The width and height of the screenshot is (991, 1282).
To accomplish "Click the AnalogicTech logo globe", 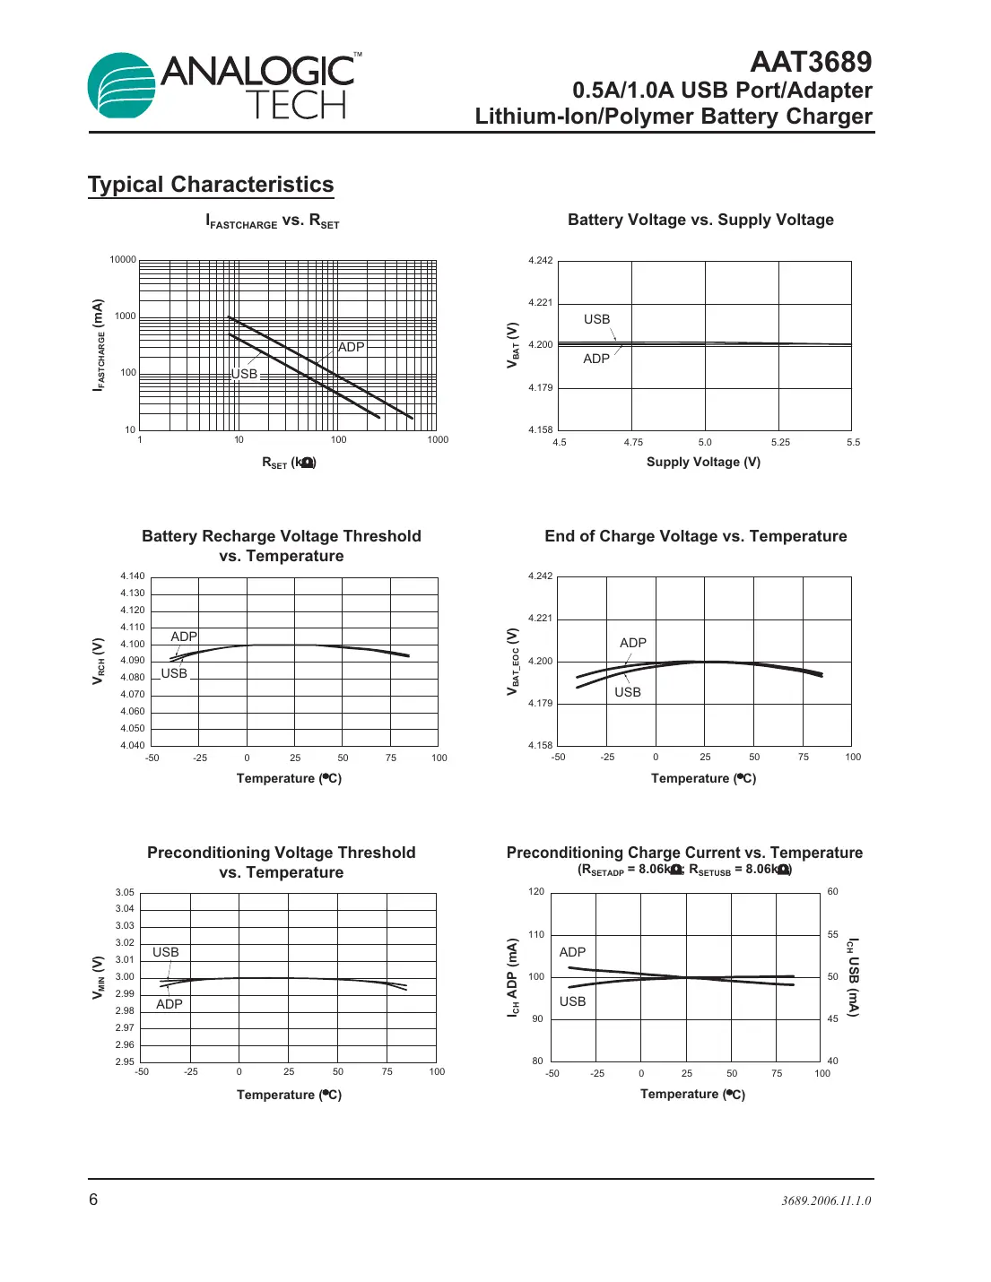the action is coord(122,85).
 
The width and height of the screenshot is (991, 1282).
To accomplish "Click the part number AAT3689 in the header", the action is coord(810,62).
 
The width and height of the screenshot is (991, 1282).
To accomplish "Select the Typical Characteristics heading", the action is coord(211,185).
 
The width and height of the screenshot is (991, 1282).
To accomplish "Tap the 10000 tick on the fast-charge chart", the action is coord(123,260).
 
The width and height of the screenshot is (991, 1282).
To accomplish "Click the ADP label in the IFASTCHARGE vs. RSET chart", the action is coord(351,347).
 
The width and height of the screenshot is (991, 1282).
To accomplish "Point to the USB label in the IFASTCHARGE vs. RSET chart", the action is coord(244,374).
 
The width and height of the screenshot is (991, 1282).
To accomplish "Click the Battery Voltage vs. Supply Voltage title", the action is coord(700,220).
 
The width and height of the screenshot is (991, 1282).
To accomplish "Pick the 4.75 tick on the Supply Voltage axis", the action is coord(633,442).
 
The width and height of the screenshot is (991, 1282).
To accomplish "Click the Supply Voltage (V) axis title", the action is coord(703,462).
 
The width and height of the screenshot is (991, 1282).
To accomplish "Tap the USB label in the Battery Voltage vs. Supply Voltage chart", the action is coord(596,319).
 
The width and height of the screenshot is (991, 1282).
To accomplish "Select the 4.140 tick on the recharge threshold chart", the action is coord(133,576).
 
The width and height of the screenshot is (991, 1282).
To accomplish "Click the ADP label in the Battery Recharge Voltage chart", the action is coord(184,637).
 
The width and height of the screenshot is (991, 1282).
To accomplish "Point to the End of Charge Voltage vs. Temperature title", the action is coord(695,536).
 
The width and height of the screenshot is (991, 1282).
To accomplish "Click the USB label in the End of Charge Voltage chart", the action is coord(628,692).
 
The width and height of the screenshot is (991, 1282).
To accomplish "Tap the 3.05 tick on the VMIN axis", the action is coord(125,892).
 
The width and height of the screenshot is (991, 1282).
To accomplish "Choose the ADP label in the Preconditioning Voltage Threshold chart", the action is coord(170,1004).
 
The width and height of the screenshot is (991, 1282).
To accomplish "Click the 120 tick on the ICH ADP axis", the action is coord(536,891).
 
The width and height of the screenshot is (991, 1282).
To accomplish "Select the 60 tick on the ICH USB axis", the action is coord(833,891).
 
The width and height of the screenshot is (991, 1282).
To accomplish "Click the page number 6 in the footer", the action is coord(93,1200).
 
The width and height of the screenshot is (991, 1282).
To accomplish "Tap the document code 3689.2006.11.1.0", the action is coord(826,1200).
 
